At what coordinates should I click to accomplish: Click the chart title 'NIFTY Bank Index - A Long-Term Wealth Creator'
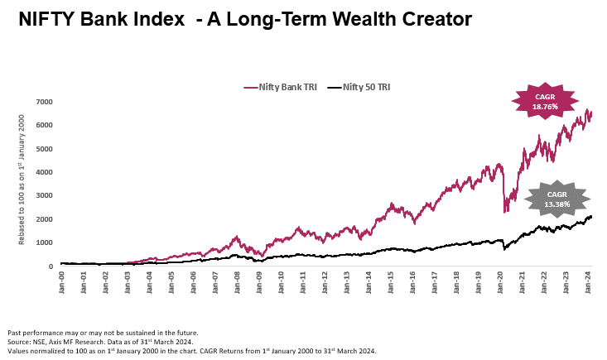pyautogui.click(x=245, y=18)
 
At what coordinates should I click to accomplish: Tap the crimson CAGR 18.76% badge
pyautogui.click(x=546, y=102)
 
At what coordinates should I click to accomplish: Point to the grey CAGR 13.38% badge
pyautogui.click(x=556, y=199)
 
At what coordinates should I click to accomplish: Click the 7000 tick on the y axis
pyautogui.click(x=45, y=102)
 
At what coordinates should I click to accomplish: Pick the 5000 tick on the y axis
pyautogui.click(x=45, y=149)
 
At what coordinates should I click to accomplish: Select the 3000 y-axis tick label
pyautogui.click(x=45, y=196)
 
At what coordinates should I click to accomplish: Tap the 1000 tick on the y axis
pyautogui.click(x=45, y=243)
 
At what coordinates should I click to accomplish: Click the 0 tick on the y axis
pyautogui.click(x=51, y=266)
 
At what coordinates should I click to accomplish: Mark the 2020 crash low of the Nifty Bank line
pyautogui.click(x=505, y=212)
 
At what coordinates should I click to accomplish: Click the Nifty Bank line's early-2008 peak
pyautogui.click(x=236, y=237)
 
